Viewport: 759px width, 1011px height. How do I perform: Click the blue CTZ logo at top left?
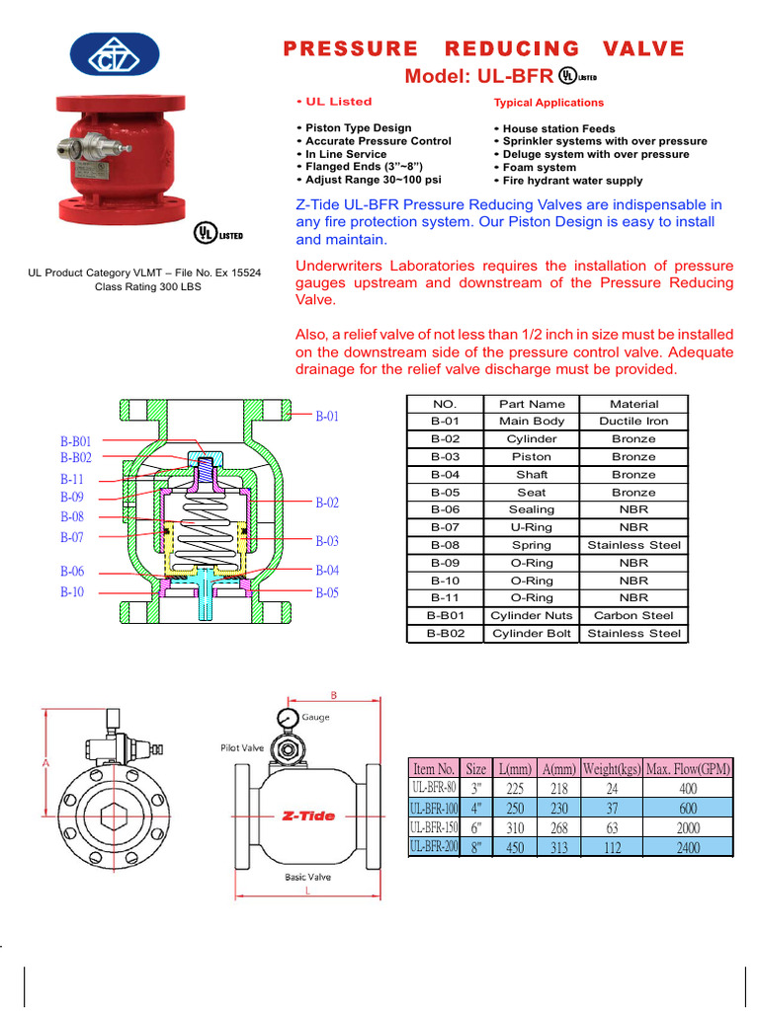coord(114,55)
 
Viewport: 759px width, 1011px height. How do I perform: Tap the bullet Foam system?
coord(539,168)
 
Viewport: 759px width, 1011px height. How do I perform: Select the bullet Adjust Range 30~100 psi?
coord(373,180)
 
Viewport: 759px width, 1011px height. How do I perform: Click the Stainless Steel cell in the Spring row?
coord(633,545)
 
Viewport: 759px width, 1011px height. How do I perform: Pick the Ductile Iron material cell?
coord(633,421)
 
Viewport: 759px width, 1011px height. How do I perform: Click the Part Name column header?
coord(532,404)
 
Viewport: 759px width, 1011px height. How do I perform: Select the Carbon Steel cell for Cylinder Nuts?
coord(633,615)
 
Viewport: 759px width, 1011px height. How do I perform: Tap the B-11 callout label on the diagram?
coord(72,479)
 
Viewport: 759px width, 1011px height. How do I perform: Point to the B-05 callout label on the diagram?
coord(327,593)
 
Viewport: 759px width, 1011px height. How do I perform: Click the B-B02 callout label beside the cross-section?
coord(76,458)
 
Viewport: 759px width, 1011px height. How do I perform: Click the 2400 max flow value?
coord(688,847)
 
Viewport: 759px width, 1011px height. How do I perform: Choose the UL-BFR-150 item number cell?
coord(434,827)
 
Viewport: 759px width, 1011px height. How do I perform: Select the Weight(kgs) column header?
coord(611,769)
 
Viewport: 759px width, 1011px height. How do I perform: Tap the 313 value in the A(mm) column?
coord(559,847)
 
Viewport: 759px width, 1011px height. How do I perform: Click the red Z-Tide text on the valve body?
coord(308,817)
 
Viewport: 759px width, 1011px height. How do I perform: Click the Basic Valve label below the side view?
coord(307,877)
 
